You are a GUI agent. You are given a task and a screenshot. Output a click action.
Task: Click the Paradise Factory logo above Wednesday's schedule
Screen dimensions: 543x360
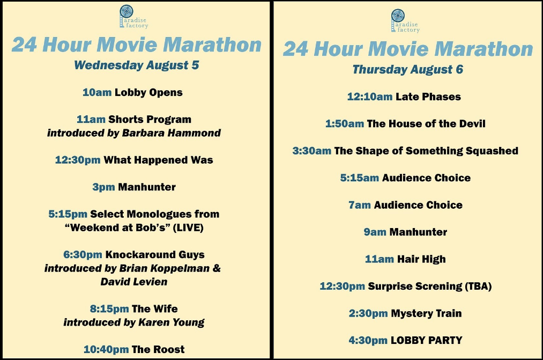pos(133,17)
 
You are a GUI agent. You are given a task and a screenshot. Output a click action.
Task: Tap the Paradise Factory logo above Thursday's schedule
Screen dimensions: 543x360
pos(405,21)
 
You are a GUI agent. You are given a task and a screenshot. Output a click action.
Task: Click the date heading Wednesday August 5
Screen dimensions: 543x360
pos(137,65)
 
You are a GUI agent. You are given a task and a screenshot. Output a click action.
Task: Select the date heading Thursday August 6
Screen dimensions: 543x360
pos(407,69)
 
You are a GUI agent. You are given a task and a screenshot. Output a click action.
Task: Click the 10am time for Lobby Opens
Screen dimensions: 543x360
pos(97,92)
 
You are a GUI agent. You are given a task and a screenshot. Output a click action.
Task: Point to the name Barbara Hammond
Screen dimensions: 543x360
pos(172,133)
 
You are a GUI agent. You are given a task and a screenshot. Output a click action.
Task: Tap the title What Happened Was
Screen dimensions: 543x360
pos(158,160)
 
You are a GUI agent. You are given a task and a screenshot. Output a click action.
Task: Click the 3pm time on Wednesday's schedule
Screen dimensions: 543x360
pos(103,187)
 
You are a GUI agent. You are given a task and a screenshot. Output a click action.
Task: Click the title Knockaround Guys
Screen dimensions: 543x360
pos(155,255)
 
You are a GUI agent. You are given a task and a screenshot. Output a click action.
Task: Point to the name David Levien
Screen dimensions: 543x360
pos(134,282)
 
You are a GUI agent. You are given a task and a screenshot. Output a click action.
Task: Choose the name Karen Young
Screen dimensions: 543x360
pos(172,322)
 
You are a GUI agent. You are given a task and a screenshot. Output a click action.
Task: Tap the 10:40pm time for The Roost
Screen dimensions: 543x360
pos(106,349)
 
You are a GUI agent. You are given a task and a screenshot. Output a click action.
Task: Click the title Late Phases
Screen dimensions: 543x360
pos(428,97)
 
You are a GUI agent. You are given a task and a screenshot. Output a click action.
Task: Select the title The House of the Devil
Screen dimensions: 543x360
pos(426,124)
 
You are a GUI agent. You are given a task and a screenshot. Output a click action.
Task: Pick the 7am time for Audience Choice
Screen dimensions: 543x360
pos(360,205)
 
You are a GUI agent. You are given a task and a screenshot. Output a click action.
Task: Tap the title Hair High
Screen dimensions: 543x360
pos(421,259)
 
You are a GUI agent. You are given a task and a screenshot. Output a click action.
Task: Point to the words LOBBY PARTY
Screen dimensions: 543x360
pos(426,340)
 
